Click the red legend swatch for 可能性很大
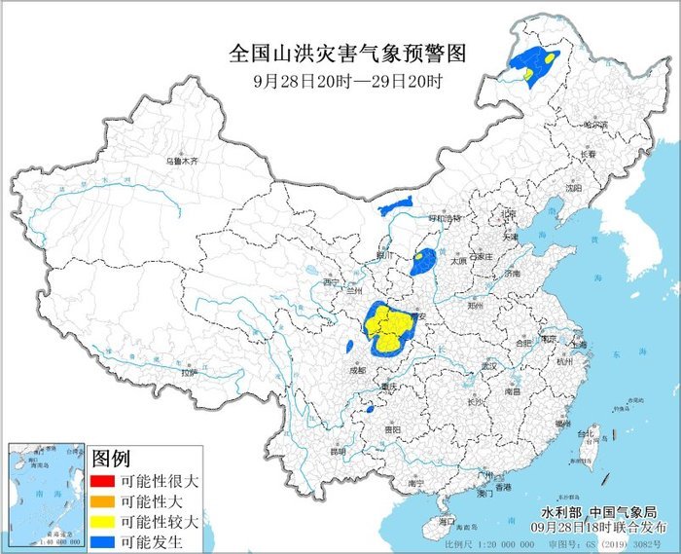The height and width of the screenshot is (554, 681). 104,480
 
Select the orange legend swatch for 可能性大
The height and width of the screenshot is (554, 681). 104,500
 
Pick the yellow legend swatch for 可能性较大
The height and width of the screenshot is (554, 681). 104,521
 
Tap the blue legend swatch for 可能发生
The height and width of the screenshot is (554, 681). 104,541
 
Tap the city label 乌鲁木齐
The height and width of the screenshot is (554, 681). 181,160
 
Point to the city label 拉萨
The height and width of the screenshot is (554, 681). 189,372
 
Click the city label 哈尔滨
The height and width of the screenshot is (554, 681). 593,125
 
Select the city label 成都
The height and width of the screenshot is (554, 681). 356,370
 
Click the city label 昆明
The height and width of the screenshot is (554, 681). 338,452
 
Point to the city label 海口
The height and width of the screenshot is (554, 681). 447,523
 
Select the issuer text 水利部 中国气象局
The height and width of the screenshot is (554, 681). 596,512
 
